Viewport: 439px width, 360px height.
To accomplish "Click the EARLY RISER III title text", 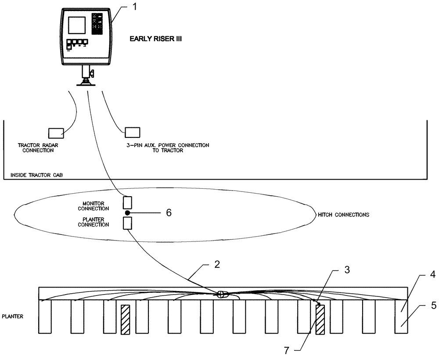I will click(155, 39).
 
